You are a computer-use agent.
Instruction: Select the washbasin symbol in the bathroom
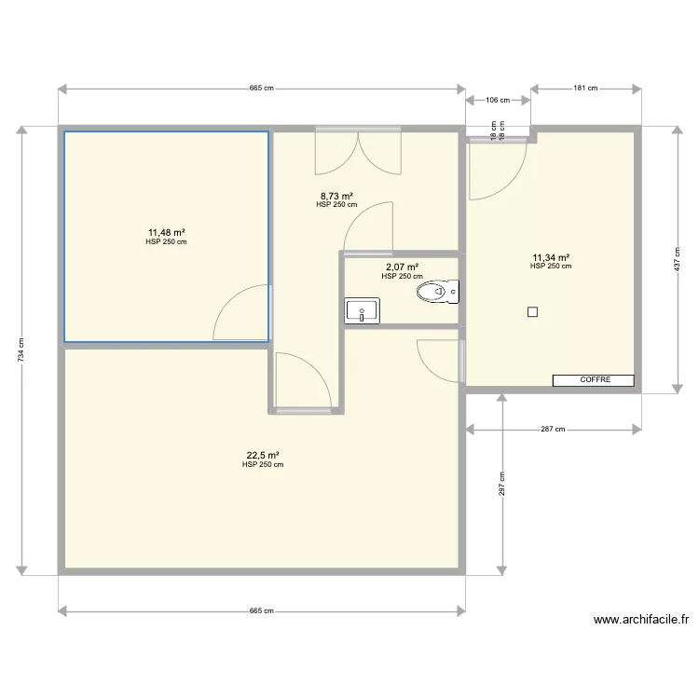361,310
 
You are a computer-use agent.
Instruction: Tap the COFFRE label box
595,380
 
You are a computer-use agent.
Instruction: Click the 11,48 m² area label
166,232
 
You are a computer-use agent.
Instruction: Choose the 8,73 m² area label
336,196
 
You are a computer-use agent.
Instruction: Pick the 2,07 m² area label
402,267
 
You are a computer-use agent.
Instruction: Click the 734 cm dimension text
21,350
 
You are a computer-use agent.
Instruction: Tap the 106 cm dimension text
499,101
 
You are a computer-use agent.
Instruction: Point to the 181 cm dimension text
585,89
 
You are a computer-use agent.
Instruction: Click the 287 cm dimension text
554,430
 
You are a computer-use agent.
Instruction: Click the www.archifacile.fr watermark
640,620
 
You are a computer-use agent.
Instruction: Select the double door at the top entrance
357,152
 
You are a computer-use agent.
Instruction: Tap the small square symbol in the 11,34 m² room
532,312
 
